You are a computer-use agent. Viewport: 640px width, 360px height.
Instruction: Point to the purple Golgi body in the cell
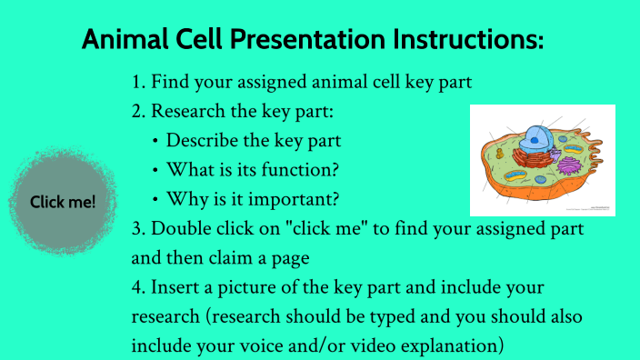pyautogui.click(x=570, y=166)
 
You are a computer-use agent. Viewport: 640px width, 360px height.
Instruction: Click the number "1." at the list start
pyautogui.click(x=139, y=83)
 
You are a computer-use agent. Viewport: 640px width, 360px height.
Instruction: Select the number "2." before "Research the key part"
pyautogui.click(x=139, y=112)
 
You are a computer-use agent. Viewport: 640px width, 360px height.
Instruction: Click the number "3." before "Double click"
pyautogui.click(x=139, y=229)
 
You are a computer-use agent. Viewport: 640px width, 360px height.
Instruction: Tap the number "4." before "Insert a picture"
pyautogui.click(x=139, y=287)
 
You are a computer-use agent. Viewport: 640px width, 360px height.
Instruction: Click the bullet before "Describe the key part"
pyautogui.click(x=155, y=142)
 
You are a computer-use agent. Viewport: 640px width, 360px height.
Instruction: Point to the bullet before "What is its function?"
pyautogui.click(x=155, y=171)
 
